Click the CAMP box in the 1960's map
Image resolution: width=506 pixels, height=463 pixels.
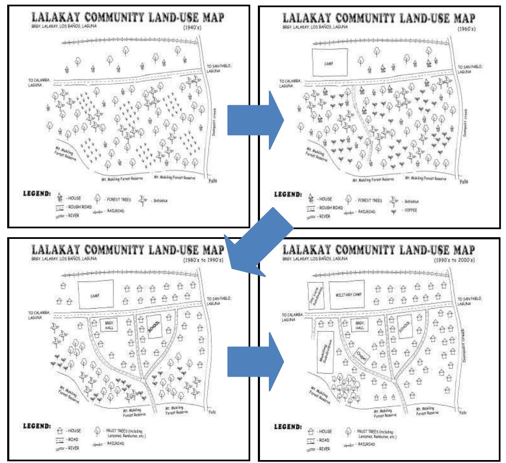pos(329,63)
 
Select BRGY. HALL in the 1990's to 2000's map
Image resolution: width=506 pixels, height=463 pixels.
pos(360,325)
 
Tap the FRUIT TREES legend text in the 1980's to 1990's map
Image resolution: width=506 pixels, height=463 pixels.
pos(120,433)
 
